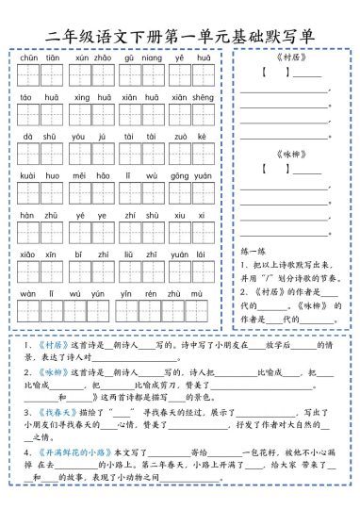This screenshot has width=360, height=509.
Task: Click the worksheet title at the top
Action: point(179,35)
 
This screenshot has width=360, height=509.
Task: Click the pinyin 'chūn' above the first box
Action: point(27,57)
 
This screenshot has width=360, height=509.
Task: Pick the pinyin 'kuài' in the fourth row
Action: point(27,176)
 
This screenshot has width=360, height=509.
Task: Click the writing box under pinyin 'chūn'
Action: point(27,75)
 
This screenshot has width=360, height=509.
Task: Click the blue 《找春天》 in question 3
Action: point(50,412)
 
